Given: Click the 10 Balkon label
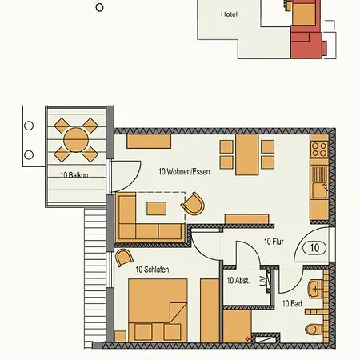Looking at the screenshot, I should point(73,174).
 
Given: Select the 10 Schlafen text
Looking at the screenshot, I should point(152,270).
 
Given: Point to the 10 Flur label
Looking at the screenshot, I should point(274,240).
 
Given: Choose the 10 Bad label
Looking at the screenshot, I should point(291,304).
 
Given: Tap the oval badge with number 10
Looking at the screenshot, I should point(314,248).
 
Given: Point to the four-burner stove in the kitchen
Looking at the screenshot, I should point(318,148).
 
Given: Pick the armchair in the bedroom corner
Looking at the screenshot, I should point(124,257).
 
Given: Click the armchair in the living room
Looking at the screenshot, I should point(191,206).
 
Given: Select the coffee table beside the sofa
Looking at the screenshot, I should point(156,208).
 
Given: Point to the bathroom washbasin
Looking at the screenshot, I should point(314,287).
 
